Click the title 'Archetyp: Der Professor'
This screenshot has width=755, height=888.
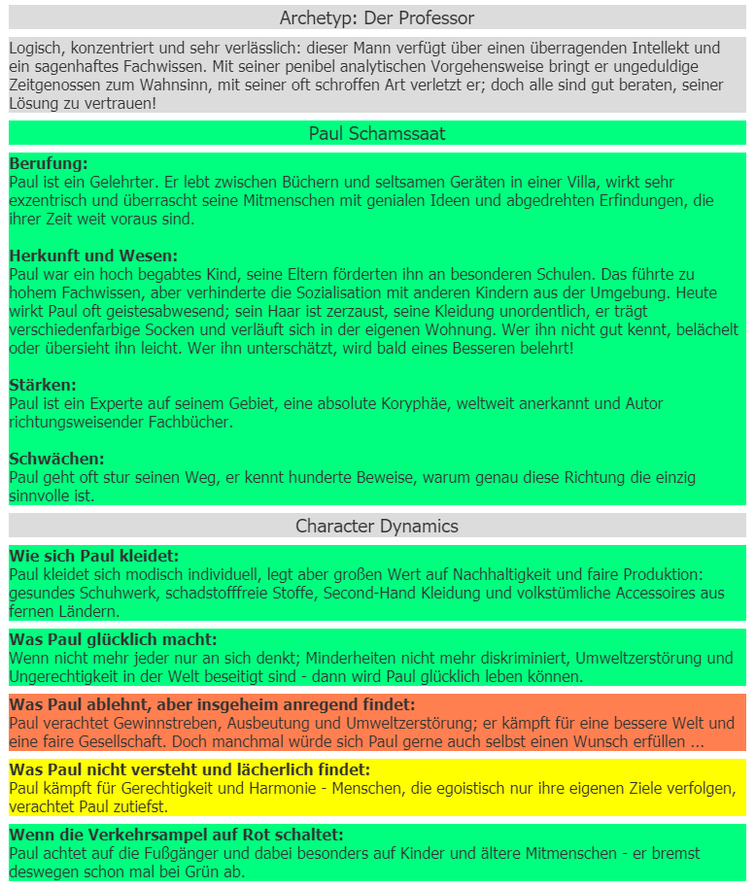click(x=377, y=18)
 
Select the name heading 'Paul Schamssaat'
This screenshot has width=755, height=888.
click(x=377, y=133)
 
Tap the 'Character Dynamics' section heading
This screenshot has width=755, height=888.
click(x=377, y=526)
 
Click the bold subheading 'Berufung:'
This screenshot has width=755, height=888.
click(x=49, y=163)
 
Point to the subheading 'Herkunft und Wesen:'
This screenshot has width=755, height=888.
click(x=93, y=256)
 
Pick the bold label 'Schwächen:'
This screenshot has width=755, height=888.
click(x=56, y=459)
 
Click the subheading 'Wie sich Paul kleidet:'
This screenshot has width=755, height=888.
click(x=94, y=556)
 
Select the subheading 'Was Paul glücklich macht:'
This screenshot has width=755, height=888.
click(x=113, y=639)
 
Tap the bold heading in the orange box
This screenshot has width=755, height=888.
click(x=212, y=704)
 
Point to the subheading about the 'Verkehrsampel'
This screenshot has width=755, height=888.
click(x=176, y=835)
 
